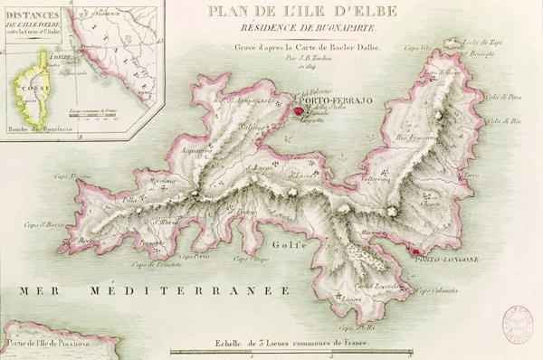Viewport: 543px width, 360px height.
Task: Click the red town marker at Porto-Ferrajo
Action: point(296,111)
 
